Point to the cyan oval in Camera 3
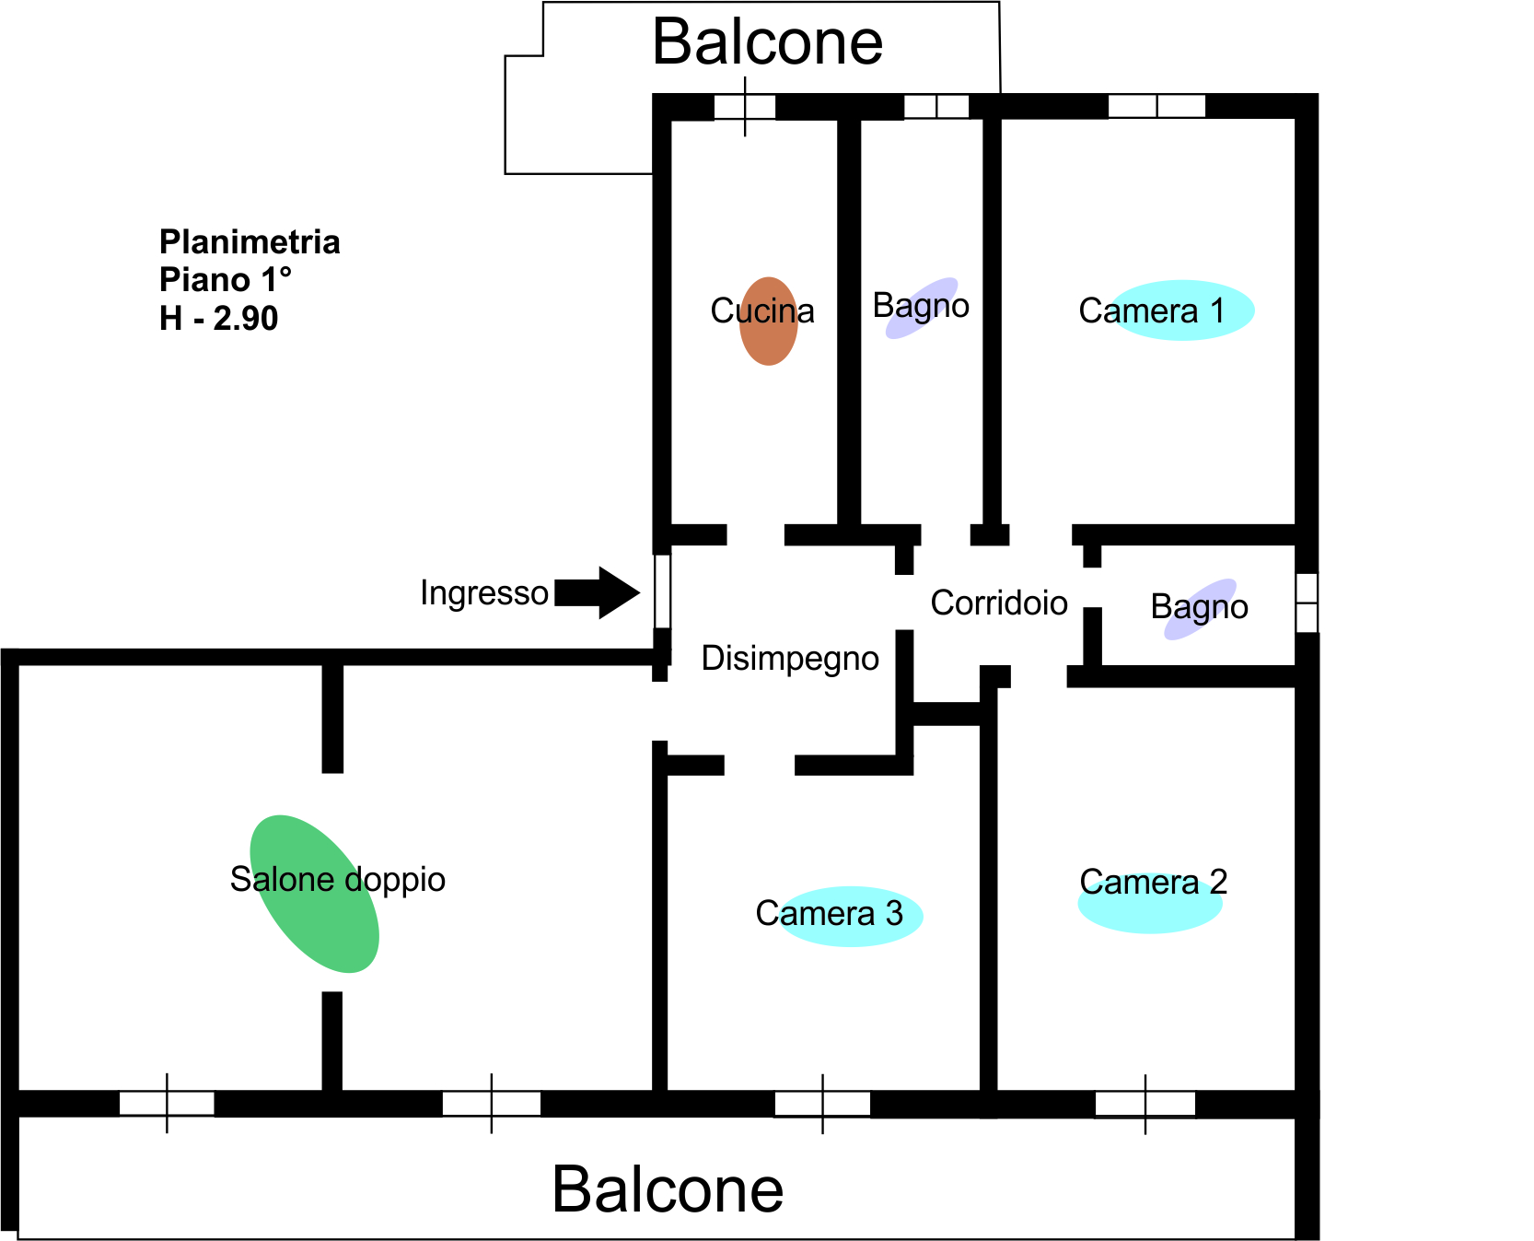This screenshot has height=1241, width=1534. click(x=850, y=916)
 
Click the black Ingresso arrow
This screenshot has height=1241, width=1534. click(x=598, y=592)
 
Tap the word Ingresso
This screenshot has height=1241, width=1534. click(x=484, y=592)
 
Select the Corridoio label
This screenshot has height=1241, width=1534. click(x=999, y=603)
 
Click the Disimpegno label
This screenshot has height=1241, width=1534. click(x=790, y=659)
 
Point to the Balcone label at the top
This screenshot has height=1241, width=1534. click(x=767, y=42)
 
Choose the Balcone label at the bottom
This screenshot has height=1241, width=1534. click(x=668, y=1189)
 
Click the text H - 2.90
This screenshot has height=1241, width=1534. click(x=218, y=319)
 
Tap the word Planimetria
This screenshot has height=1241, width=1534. click(x=250, y=242)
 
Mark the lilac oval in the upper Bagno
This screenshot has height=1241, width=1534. click(x=922, y=309)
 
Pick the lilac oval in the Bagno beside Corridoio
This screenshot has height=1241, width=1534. click(x=1201, y=609)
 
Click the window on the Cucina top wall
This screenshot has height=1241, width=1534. click(x=745, y=107)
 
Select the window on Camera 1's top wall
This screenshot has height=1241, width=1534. click(x=1156, y=106)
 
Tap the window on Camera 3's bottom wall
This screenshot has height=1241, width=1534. click(x=822, y=1103)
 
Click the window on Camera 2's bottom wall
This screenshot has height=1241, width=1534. click(x=1145, y=1103)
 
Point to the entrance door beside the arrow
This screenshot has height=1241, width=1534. click(x=662, y=591)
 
